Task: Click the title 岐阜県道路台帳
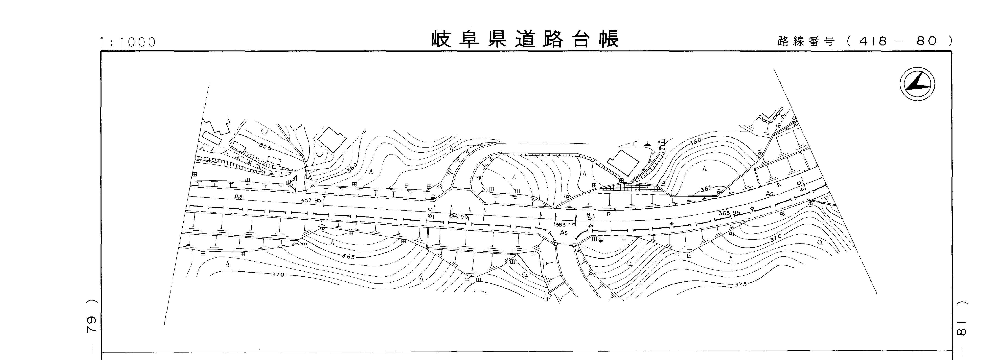coord(525,39)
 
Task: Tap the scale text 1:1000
coord(128,42)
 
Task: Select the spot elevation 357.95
coord(311,200)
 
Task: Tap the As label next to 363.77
coord(564,233)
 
